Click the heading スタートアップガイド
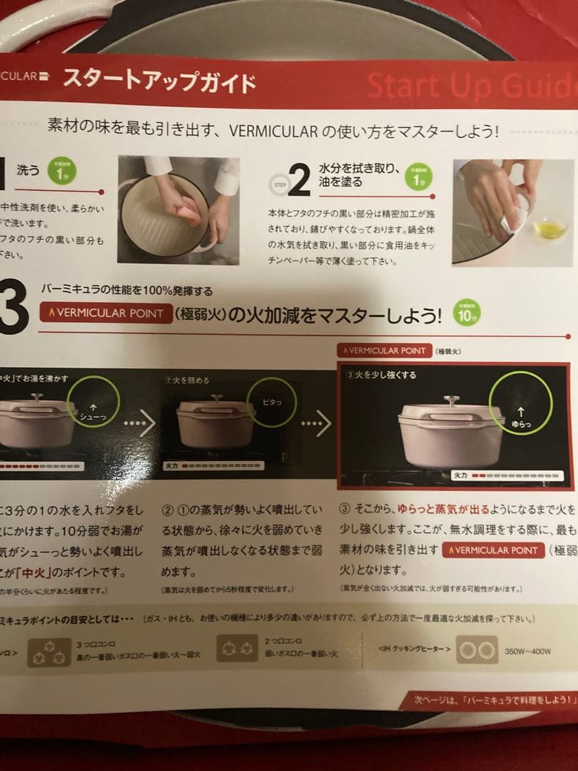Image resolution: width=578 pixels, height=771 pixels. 158,80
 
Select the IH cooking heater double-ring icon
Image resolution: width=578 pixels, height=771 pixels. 477,651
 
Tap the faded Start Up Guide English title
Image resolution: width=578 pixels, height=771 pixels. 471,86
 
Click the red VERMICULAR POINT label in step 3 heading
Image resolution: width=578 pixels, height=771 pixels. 105,313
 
